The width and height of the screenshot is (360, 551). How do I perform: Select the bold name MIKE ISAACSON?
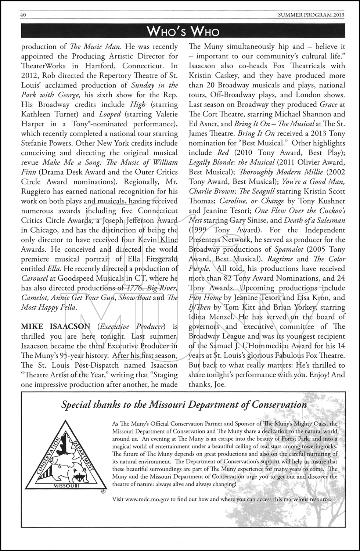pos(55,327)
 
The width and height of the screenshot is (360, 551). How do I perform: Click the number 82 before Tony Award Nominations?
pos(237,278)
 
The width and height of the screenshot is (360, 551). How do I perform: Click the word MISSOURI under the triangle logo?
pos(67,485)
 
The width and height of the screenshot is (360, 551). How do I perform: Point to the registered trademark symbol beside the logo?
pos(104,491)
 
